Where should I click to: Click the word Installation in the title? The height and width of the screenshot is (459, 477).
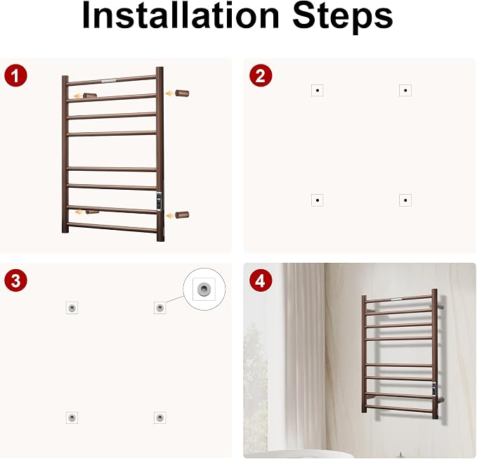(x=181, y=15)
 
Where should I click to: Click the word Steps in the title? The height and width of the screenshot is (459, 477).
(x=343, y=18)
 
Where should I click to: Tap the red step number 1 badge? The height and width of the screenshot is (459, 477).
(x=16, y=75)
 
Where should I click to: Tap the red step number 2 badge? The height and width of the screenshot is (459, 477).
(x=261, y=75)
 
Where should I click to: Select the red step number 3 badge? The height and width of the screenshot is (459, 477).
(x=16, y=280)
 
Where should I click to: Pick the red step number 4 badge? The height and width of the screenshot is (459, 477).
(x=261, y=280)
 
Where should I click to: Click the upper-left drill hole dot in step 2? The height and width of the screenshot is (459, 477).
(x=318, y=91)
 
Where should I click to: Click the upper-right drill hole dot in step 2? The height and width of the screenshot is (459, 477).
(x=405, y=91)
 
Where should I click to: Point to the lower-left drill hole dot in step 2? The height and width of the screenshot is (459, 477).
(x=318, y=200)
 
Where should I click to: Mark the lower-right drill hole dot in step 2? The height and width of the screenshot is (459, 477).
(x=405, y=200)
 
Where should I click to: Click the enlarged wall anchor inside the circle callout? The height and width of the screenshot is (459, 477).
(x=204, y=289)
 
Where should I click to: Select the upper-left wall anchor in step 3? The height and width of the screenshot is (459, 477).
(x=72, y=308)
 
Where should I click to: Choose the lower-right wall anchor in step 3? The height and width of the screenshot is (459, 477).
(x=159, y=418)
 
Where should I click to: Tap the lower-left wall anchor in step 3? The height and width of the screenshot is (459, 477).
(x=72, y=418)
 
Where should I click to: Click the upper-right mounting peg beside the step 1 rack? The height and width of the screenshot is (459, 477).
(x=182, y=93)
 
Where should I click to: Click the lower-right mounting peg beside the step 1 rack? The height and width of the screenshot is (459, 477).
(x=182, y=215)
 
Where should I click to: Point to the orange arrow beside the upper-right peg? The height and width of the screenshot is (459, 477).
(x=170, y=93)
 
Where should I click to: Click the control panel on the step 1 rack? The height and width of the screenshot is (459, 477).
(x=159, y=200)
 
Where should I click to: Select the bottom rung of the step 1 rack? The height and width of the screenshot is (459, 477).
(x=112, y=227)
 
